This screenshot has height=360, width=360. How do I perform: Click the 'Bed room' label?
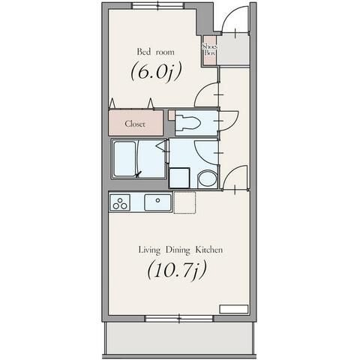pos(155,52)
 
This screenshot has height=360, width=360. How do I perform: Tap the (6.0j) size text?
pos(155,71)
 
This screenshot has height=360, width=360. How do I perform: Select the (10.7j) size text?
pos(177,270)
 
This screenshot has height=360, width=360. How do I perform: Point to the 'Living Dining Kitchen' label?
pos(181,250)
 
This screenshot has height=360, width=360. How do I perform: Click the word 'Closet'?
pos(135,124)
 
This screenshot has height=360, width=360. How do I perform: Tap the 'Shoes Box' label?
pos(209,49)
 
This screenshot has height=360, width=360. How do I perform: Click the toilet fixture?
pos(187,122)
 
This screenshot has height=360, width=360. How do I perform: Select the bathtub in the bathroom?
pos(125,159)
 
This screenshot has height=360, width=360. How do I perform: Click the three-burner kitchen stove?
pos(120,202)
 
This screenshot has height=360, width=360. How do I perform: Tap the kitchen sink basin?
pos(157,202)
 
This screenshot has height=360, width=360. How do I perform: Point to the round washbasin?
pos(207,179)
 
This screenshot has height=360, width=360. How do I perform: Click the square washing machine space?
pos(179,178)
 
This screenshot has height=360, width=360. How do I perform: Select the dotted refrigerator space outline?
pos(184,202)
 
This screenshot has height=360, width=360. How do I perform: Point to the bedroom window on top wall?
pos(158,5)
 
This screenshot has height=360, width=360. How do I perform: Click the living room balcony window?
pos(179,319)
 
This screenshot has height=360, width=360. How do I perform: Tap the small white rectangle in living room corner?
pos(234,309)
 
